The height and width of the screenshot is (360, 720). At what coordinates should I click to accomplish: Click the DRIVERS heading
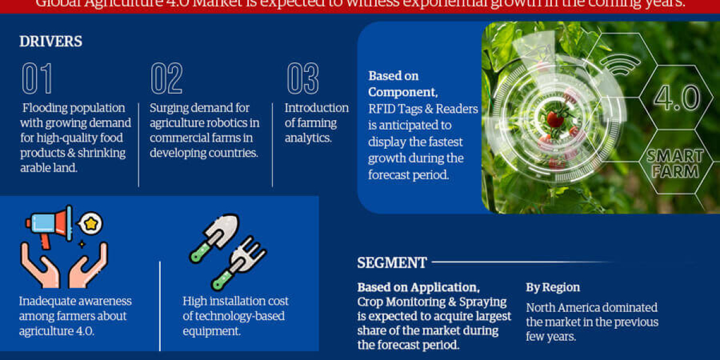pos(51,41)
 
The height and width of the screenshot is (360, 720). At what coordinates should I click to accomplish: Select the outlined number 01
pos(37,79)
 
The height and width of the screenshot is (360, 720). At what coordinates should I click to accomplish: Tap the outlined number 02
pos(166,79)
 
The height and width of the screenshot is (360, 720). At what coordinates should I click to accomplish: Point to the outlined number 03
pos(302,79)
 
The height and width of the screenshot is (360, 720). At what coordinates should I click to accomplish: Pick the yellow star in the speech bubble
pos(91,224)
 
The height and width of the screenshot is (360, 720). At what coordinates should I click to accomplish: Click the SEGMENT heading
pos(392,263)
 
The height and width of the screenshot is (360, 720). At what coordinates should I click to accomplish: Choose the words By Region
pos(553,287)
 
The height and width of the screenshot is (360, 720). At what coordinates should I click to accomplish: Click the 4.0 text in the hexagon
pos(676,97)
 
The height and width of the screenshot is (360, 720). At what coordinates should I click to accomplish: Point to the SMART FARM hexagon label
pos(675,163)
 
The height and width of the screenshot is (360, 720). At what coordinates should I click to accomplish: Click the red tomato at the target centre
pos(555,119)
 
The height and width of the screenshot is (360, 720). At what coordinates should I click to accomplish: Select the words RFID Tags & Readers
pos(423,109)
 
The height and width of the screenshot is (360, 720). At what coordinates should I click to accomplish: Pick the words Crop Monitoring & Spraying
pos(432,301)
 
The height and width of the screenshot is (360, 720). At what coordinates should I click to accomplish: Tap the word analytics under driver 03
pos(307,138)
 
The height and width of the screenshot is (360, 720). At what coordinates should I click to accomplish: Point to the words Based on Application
pos(418,287)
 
